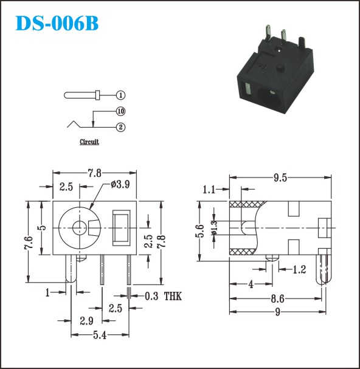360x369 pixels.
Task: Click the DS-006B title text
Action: (57, 23)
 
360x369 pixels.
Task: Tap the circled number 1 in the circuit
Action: (121, 95)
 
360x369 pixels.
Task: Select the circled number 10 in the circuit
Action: (121, 111)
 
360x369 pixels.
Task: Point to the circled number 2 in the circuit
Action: (121, 127)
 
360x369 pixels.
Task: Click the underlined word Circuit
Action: (89, 142)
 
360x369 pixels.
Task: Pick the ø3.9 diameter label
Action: (120, 185)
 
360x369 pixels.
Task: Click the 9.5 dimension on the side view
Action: (280, 178)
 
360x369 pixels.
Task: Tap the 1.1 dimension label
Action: (209, 190)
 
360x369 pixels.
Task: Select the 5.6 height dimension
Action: (199, 231)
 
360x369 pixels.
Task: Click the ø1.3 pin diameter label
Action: (215, 227)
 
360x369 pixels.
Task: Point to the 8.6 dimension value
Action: (277, 299)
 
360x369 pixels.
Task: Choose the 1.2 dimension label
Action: (299, 270)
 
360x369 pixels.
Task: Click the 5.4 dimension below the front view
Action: (100, 335)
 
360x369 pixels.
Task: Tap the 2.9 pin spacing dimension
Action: (86, 321)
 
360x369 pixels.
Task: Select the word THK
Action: (173, 296)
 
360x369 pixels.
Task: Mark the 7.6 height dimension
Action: (29, 242)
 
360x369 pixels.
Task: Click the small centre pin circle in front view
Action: (79, 228)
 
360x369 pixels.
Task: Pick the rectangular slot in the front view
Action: (121, 228)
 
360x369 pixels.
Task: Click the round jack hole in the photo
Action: (269, 98)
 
